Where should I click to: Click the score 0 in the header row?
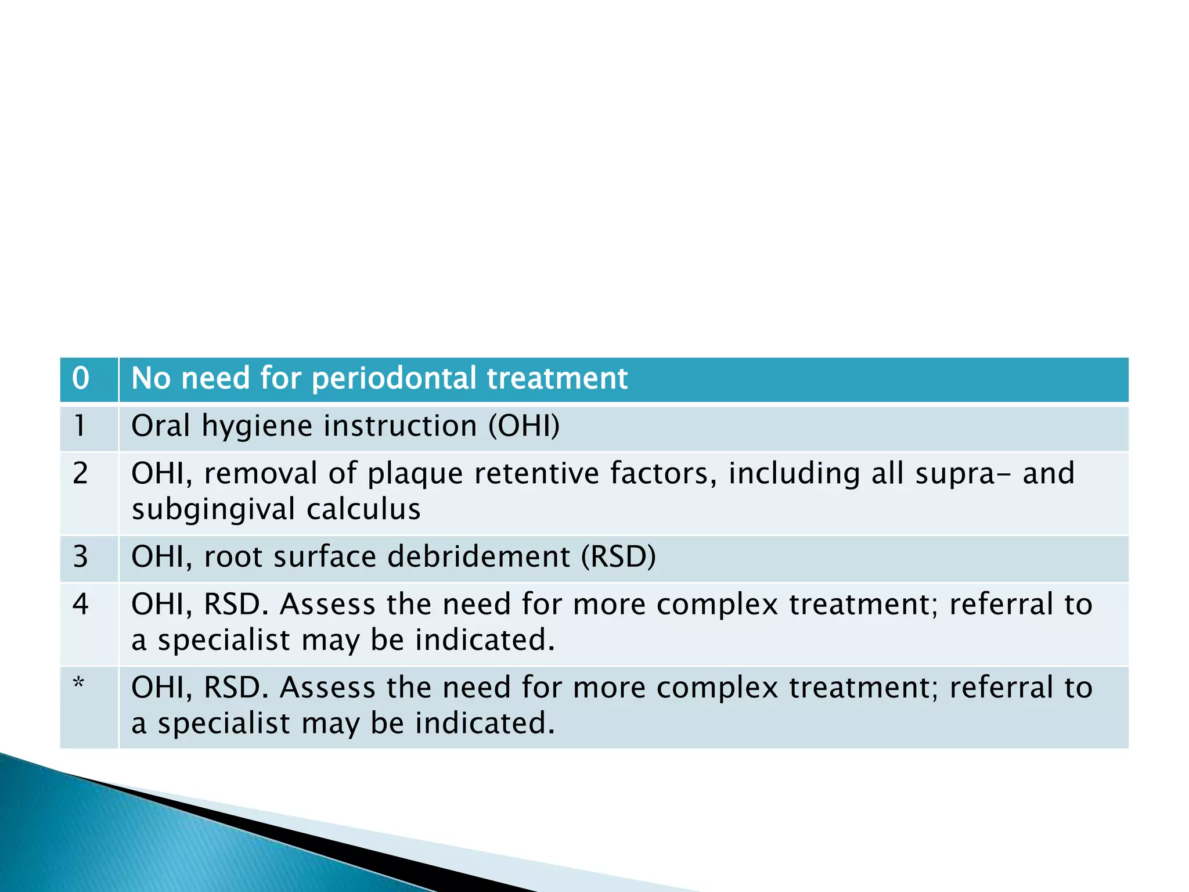[81, 379]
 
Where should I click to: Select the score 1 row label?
[80, 426]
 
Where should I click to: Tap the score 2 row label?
[80, 473]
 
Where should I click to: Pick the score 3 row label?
[80, 556]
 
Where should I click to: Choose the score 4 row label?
[80, 604]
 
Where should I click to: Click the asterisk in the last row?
[79, 684]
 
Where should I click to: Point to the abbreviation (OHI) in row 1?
[524, 426]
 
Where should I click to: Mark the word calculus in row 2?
[363, 509]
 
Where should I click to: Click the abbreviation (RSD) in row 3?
[618, 556]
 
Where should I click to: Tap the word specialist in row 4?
[224, 641]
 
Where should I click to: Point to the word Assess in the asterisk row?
[327, 688]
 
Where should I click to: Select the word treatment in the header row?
[557, 379]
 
